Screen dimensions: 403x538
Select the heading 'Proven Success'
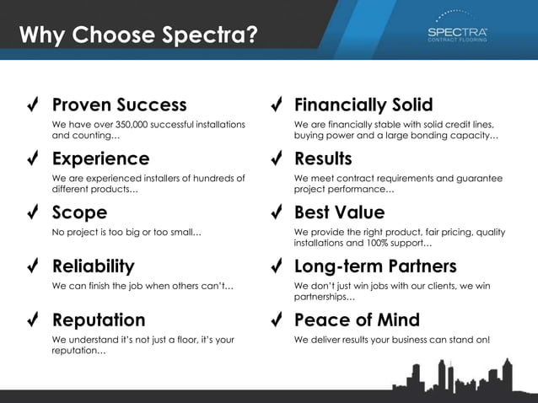119,105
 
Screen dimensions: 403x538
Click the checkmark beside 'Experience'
31,159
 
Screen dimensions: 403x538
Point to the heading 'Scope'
79,212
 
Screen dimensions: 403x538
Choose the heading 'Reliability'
93,266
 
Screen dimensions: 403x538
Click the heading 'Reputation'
98,320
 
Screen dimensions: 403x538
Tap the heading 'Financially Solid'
363,105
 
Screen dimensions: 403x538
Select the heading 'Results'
323,159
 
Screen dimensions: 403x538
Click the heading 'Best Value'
339,212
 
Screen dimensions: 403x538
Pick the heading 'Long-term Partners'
375,266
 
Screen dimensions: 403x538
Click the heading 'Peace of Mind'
356,320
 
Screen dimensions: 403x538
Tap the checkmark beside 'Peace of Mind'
275,320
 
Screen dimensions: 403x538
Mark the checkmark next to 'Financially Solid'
275,105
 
